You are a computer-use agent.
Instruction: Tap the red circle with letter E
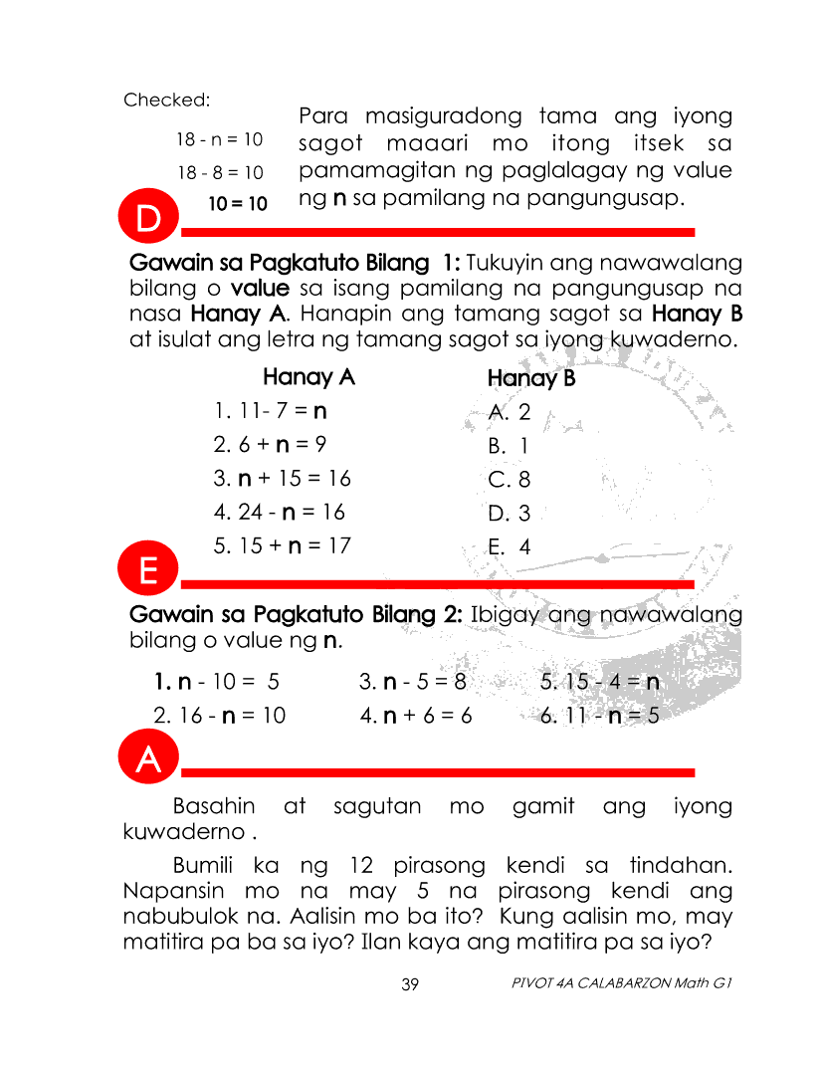pyautogui.click(x=147, y=570)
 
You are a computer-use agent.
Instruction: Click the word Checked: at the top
pyautogui.click(x=166, y=100)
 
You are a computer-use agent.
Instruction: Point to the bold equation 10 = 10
pyautogui.click(x=238, y=204)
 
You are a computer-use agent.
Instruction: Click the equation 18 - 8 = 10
pyautogui.click(x=220, y=172)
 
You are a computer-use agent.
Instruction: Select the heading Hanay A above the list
pyautogui.click(x=308, y=378)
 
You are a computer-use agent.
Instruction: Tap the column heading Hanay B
pyautogui.click(x=531, y=379)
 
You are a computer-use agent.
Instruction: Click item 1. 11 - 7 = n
pyautogui.click(x=271, y=411)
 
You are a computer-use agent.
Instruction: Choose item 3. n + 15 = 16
pyautogui.click(x=282, y=479)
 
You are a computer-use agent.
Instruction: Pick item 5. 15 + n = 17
pyautogui.click(x=282, y=546)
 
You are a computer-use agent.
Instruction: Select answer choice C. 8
pyautogui.click(x=510, y=480)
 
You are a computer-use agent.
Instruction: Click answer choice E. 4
pyautogui.click(x=510, y=547)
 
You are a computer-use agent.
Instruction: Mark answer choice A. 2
pyautogui.click(x=510, y=412)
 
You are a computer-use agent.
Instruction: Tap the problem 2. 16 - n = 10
pyautogui.click(x=219, y=716)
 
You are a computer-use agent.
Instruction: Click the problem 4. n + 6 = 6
pyautogui.click(x=415, y=716)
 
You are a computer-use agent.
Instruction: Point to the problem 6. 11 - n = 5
pyautogui.click(x=599, y=716)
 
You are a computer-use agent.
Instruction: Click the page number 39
pyautogui.click(x=410, y=984)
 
